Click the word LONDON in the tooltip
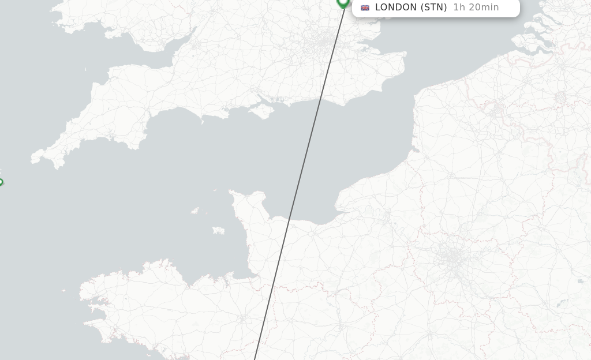pos(395,7)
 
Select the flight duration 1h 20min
pos(476,7)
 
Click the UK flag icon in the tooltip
pos(365,7)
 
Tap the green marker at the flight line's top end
pos(343,2)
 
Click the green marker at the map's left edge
pos(1,182)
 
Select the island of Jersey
pos(218,231)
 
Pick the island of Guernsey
pos(195,211)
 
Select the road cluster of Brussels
pos(560,98)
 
